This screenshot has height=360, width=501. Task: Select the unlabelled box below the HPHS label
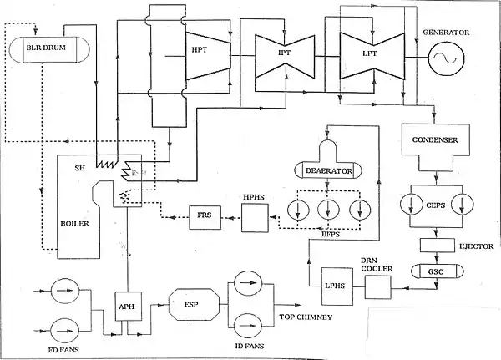(254, 220)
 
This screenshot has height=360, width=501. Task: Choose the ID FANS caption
(250, 346)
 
